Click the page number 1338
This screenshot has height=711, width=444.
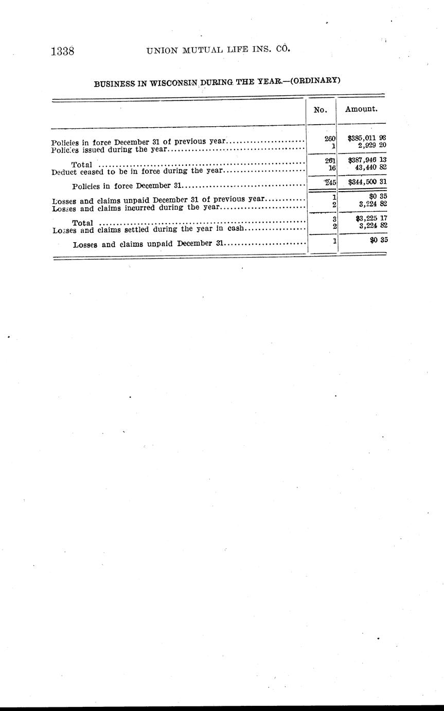point(63,52)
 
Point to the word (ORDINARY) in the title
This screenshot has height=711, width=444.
point(315,80)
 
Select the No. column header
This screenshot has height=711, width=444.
point(321,110)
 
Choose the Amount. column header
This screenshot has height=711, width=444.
point(361,109)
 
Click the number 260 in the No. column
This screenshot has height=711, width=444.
point(330,138)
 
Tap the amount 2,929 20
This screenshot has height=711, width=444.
point(372,145)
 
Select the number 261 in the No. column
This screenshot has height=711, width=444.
point(330,160)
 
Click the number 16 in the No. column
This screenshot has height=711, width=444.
point(332,167)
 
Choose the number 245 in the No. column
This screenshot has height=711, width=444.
point(330,182)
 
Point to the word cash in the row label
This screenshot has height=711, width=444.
point(238,229)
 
